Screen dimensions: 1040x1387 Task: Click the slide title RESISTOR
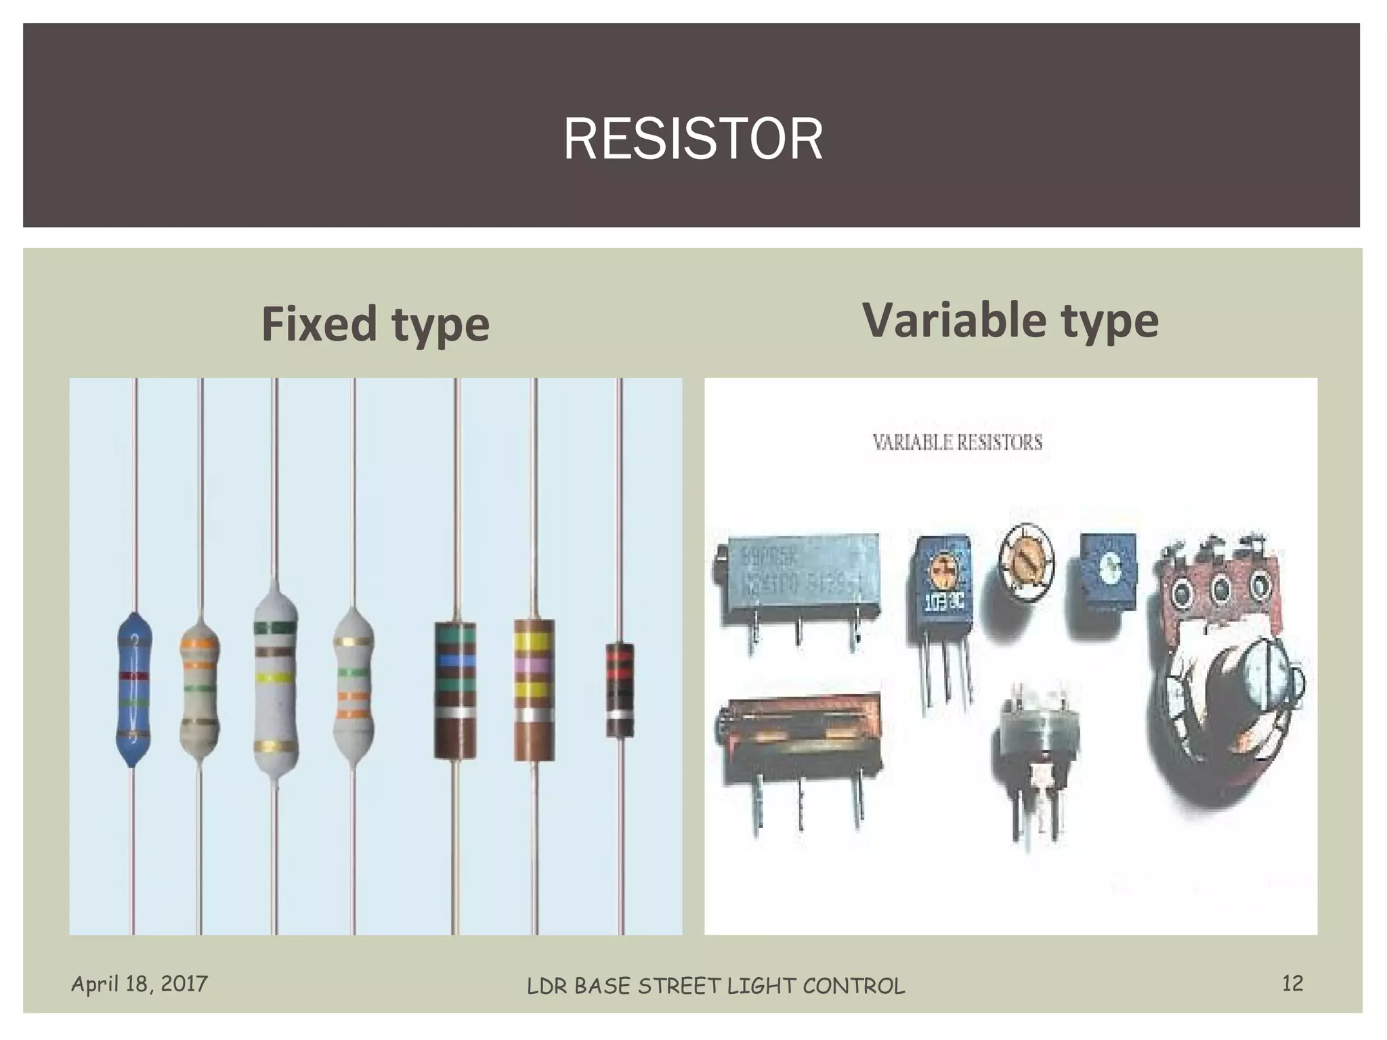tap(693, 139)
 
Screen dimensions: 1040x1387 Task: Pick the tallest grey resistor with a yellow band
tap(275, 684)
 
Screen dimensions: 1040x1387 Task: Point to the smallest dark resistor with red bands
tap(620, 689)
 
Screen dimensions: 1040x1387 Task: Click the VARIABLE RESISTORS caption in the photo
tap(957, 443)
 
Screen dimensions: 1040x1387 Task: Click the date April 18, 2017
tap(140, 983)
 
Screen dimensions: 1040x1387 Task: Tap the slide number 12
tap(1292, 983)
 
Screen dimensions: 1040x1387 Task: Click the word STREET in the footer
tap(679, 987)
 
